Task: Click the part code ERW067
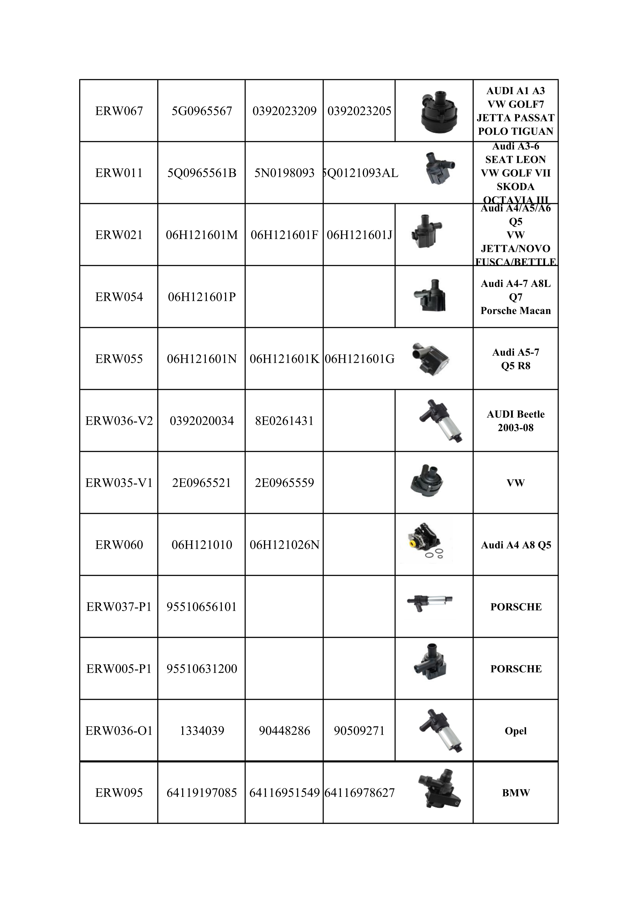click(x=119, y=111)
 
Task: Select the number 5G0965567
click(x=201, y=111)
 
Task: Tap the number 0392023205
click(x=359, y=111)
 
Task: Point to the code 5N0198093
click(x=284, y=173)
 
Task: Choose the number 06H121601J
click(x=359, y=235)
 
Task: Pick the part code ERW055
click(x=119, y=359)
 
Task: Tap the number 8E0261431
click(x=284, y=421)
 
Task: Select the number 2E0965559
click(x=284, y=483)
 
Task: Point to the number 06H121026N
click(x=284, y=545)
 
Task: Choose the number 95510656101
click(x=201, y=607)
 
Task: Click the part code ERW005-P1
click(x=119, y=669)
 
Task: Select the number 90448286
click(x=284, y=731)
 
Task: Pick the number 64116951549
click(x=284, y=793)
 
